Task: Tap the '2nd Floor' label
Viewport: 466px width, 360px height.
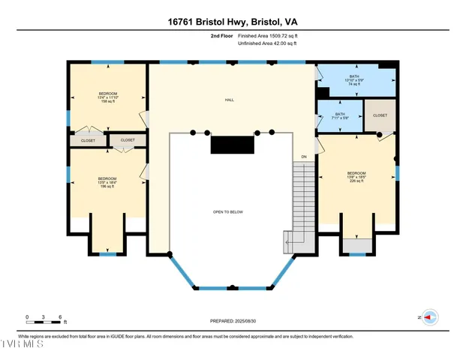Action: click(x=222, y=35)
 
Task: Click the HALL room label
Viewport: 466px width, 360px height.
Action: click(x=230, y=100)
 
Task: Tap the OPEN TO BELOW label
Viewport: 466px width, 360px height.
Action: click(x=228, y=212)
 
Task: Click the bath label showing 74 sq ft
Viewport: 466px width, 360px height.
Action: click(x=353, y=80)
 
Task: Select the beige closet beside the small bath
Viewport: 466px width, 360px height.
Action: click(x=380, y=115)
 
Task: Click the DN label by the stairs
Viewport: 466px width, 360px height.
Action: click(x=304, y=156)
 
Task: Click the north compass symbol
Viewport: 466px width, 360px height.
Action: click(x=430, y=317)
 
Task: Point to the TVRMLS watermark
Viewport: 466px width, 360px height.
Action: click(x=22, y=344)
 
